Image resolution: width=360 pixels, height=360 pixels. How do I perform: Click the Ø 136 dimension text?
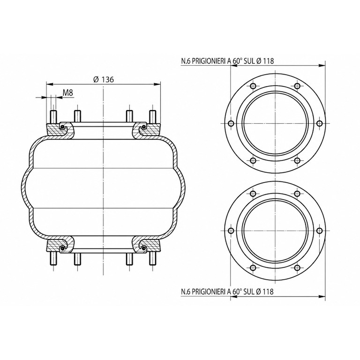(x=104, y=79)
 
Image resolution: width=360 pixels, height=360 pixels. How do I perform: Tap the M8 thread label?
(x=67, y=93)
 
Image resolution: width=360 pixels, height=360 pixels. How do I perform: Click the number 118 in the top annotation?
(x=269, y=61)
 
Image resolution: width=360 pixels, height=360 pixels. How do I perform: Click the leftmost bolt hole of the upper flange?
(x=231, y=124)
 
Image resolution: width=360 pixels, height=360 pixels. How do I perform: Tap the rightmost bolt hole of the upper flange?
(x=319, y=124)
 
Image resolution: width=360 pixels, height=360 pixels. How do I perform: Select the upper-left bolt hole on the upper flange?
(x=253, y=86)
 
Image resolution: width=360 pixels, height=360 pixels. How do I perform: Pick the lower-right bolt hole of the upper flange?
(x=297, y=160)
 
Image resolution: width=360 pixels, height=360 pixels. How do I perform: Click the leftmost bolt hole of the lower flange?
(x=231, y=231)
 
